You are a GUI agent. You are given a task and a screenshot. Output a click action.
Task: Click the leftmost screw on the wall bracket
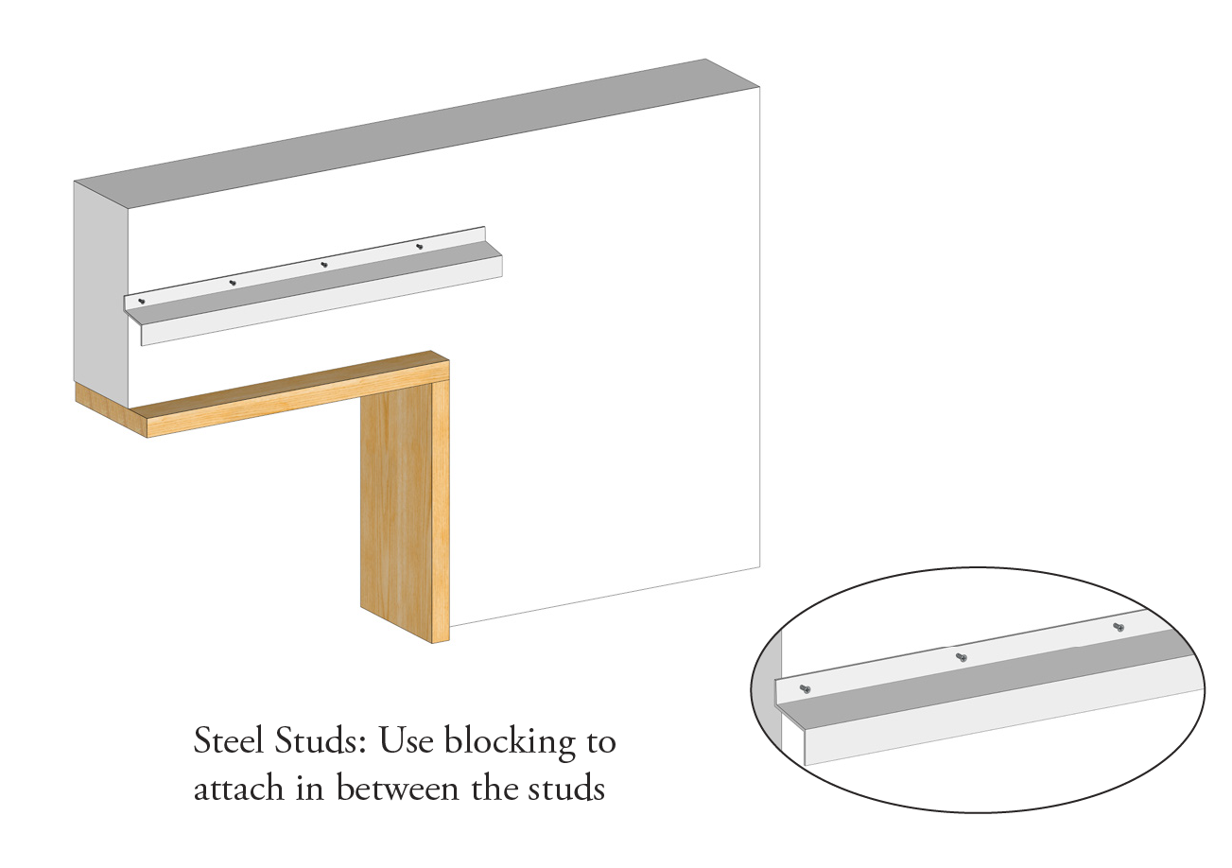[x=142, y=301]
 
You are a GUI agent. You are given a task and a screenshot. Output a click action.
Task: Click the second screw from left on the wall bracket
[x=233, y=283]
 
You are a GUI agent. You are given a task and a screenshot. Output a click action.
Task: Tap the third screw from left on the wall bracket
[x=324, y=265]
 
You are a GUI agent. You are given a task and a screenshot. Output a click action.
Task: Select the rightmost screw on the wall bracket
[x=420, y=246]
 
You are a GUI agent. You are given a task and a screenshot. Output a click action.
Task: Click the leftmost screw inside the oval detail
[x=805, y=688]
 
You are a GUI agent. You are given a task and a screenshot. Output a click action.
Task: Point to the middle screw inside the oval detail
[x=962, y=657]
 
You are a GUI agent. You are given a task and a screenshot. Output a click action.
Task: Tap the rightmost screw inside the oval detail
[x=1119, y=627]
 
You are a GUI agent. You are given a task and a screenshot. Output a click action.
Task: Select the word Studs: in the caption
[x=321, y=741]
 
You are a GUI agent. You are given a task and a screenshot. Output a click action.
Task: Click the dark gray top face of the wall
[x=417, y=133]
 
